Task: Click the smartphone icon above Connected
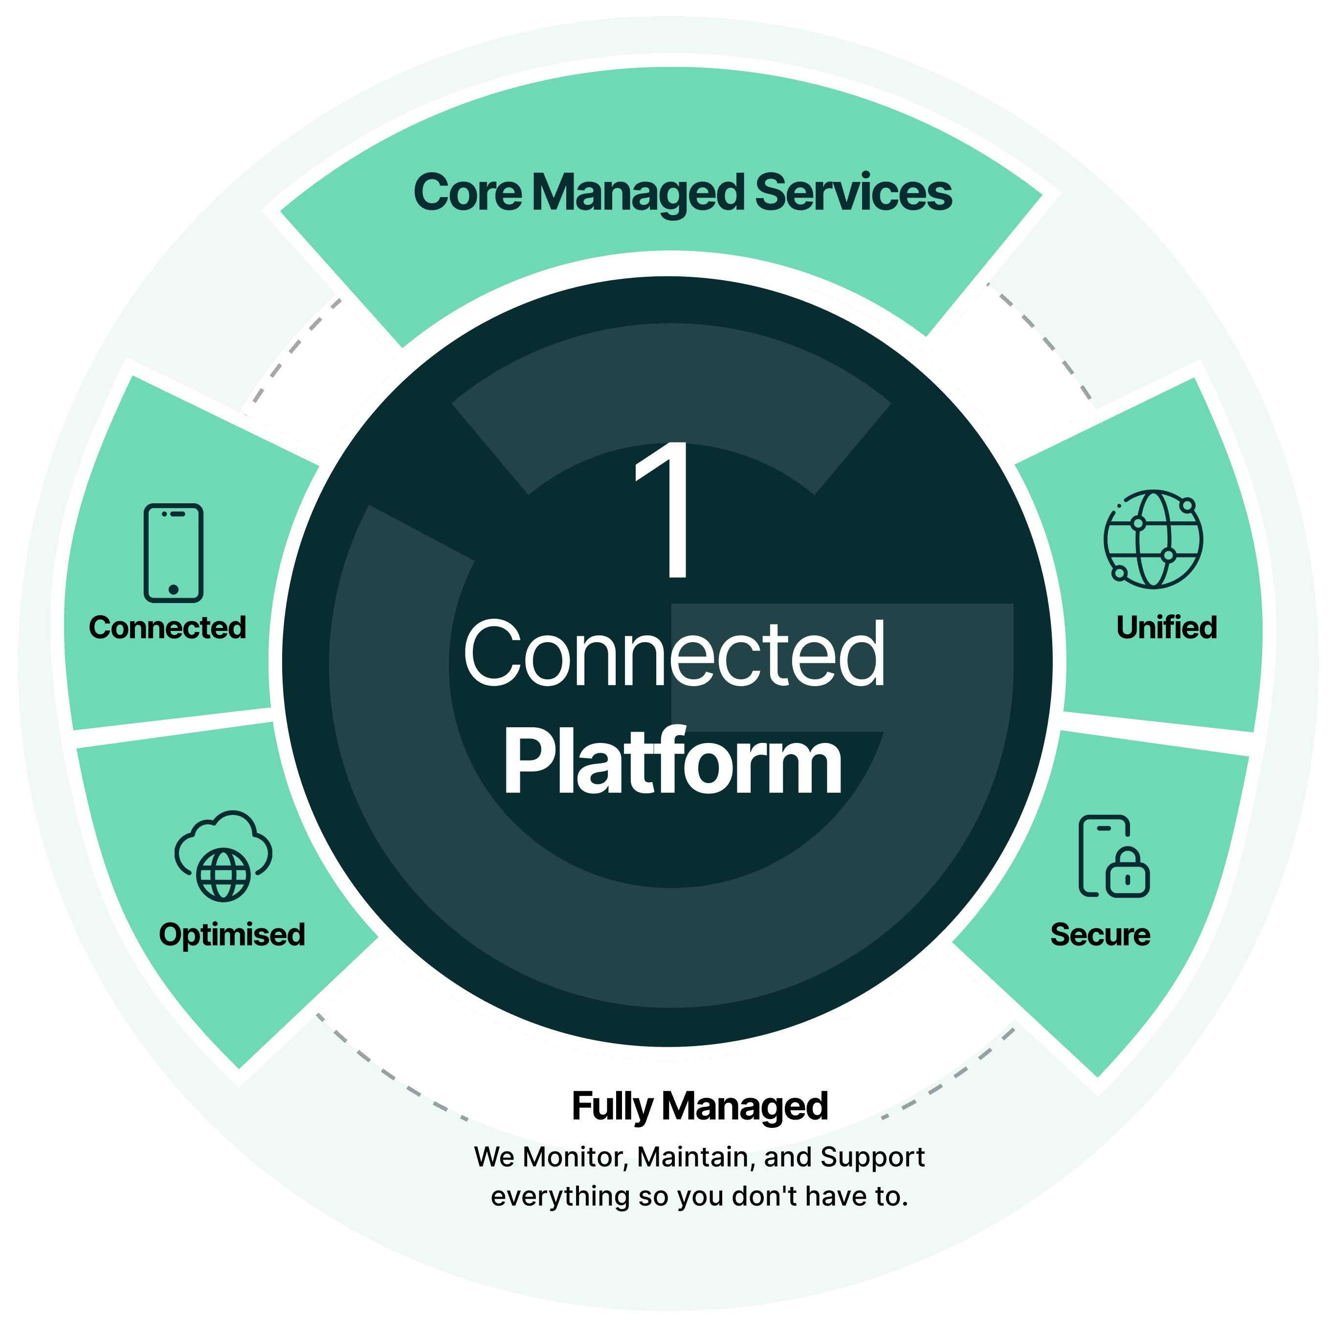pos(173,552)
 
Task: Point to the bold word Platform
pos(672,762)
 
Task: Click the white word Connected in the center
pos(674,653)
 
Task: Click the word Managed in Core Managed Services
pos(639,194)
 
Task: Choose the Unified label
pos(1167,627)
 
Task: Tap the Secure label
pos(1100,935)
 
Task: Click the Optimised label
pos(232,935)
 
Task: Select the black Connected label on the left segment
pos(168,627)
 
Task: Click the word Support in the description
pos(872,1157)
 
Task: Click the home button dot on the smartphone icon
pos(174,590)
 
